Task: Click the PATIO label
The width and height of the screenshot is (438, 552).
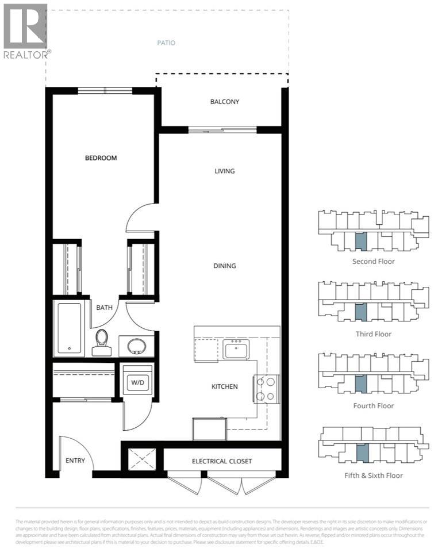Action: point(166,43)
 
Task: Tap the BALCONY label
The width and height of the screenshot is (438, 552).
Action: point(224,102)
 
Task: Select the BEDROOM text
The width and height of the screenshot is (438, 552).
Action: point(101,158)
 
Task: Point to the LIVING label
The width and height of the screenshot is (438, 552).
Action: point(224,171)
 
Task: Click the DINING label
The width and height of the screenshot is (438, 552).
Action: point(224,266)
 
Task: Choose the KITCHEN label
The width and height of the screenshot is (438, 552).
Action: point(224,386)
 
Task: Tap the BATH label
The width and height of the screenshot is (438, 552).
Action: point(104,308)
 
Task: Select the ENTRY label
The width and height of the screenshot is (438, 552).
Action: point(75,461)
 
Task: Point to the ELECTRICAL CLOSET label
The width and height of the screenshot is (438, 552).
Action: point(222,461)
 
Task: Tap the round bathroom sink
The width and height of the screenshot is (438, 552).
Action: point(136,346)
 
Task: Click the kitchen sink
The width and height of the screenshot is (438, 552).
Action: point(236,349)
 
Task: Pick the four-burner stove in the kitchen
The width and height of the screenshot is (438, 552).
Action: point(267,388)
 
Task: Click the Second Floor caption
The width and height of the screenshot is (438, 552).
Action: point(373,261)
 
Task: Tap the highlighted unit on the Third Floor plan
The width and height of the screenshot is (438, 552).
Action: point(360,312)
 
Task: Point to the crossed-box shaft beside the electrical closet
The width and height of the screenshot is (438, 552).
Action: point(141,459)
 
